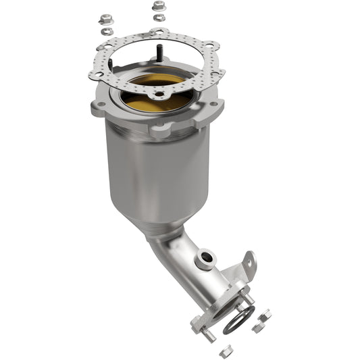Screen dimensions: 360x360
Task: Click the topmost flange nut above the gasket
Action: coord(159,5)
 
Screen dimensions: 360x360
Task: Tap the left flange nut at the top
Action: coord(105,19)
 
